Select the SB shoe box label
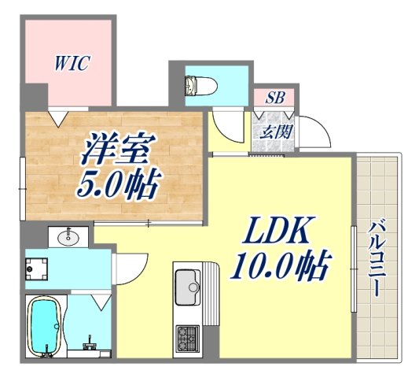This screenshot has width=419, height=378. [x=274, y=98]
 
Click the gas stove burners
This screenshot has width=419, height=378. [x=189, y=339]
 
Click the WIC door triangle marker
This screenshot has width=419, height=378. [x=56, y=118]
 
